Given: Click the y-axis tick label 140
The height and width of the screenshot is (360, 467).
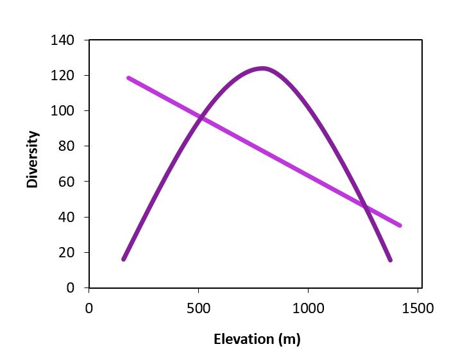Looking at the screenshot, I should [63, 40].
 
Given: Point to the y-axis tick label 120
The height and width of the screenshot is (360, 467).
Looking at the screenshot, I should [63, 76].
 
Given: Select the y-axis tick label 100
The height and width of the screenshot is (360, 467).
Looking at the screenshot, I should [63, 111].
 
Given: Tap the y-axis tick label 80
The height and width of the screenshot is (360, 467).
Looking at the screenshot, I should [66, 146].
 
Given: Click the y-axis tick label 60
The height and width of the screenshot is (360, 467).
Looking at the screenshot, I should [66, 182].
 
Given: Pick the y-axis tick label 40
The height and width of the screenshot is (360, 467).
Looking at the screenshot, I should [66, 218].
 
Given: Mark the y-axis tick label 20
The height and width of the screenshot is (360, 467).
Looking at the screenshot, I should [66, 253].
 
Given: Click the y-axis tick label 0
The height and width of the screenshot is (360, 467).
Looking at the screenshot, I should [70, 288].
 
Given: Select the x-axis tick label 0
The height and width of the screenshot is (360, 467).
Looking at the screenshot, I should [89, 308].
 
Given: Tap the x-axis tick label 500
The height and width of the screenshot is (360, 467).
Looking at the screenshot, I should [199, 308].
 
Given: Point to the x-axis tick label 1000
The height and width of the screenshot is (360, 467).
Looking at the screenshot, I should [309, 308].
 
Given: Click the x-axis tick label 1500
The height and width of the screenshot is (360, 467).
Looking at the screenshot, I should [418, 308].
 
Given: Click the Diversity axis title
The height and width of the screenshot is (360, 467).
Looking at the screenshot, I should [33, 159].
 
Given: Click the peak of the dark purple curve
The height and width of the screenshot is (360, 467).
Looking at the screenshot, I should [262, 68].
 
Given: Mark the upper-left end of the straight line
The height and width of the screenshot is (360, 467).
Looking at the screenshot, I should [129, 78].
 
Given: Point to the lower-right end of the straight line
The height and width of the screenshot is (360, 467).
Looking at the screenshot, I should [400, 225].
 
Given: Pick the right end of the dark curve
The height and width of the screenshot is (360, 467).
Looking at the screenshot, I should [390, 260].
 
